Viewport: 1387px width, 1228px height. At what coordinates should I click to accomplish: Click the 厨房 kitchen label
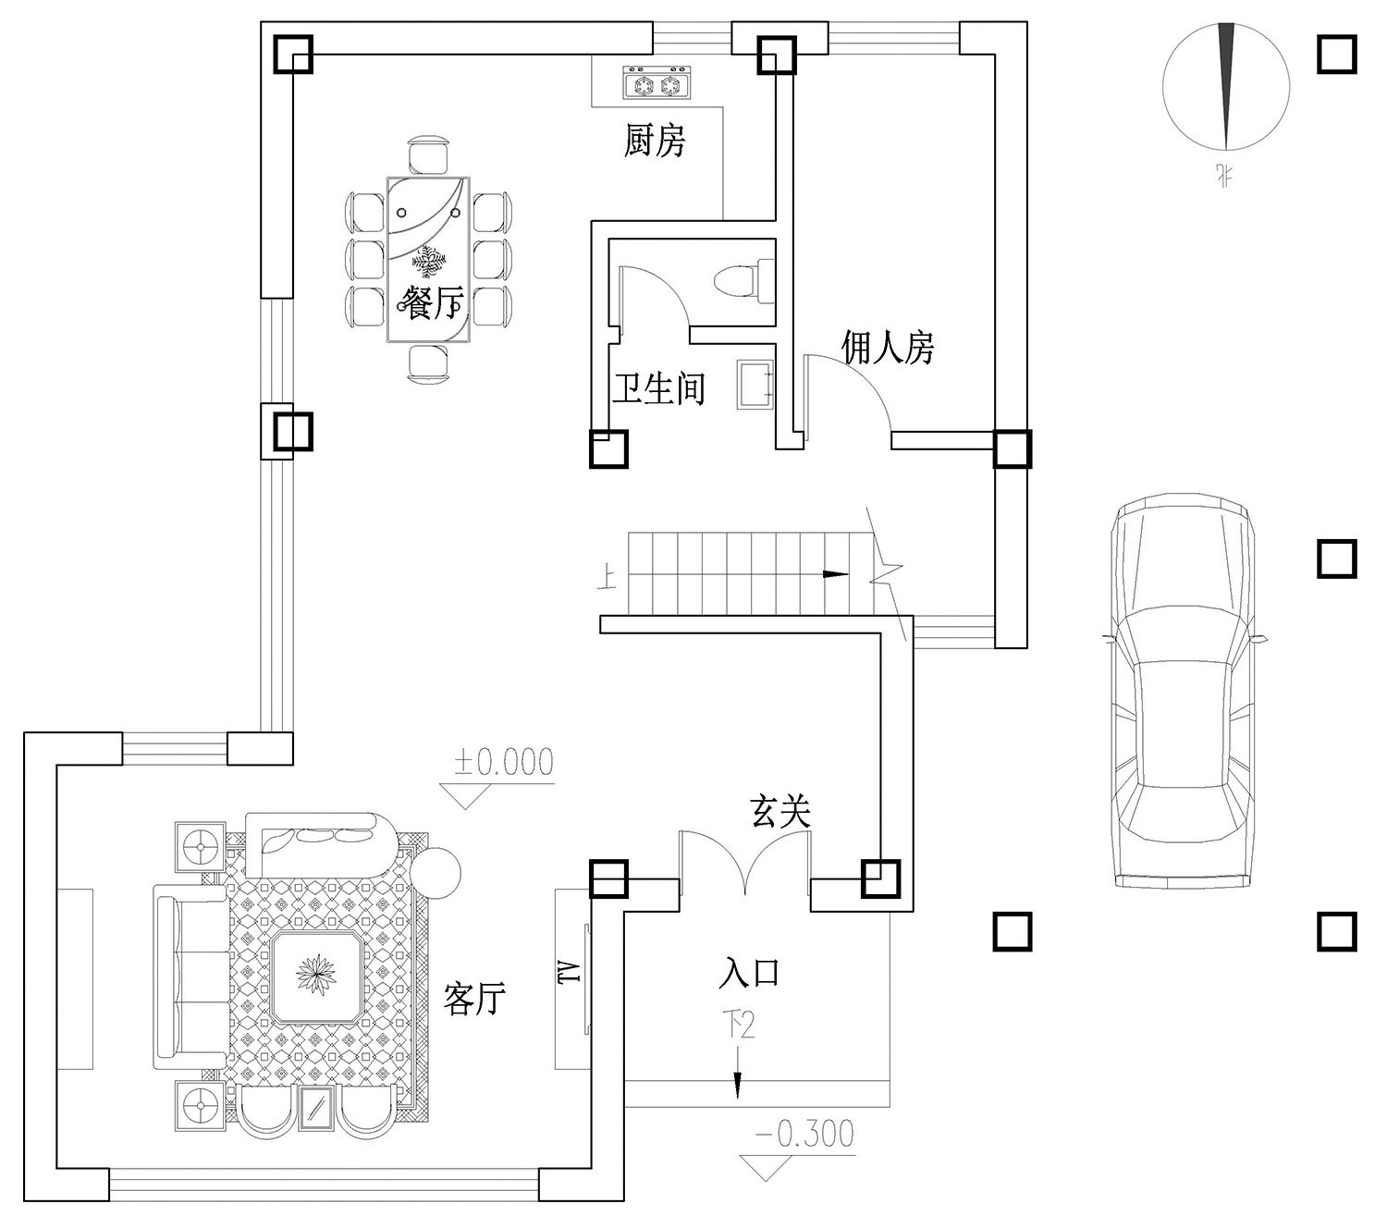[x=654, y=141]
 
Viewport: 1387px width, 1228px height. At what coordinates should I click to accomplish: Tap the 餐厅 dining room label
[x=434, y=301]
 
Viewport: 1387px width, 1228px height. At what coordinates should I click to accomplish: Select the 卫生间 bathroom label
[x=658, y=388]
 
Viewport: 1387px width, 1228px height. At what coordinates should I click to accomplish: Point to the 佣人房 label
[x=887, y=347]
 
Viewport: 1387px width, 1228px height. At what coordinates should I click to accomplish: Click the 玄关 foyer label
[x=780, y=812]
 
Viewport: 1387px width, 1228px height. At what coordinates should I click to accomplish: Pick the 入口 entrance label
[x=750, y=973]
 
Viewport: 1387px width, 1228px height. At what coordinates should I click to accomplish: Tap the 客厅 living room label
[x=474, y=999]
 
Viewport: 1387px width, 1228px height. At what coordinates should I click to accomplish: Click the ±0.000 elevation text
[x=503, y=763]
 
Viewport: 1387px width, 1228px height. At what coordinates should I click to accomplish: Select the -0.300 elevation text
[x=804, y=1134]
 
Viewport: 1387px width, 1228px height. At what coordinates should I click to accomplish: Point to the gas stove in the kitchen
[x=657, y=84]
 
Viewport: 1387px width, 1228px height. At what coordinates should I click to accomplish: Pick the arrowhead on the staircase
[x=836, y=574]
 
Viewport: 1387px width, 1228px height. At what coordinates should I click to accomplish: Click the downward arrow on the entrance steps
[x=738, y=1086]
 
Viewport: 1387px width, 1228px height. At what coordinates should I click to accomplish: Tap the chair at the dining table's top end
[x=428, y=154]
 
